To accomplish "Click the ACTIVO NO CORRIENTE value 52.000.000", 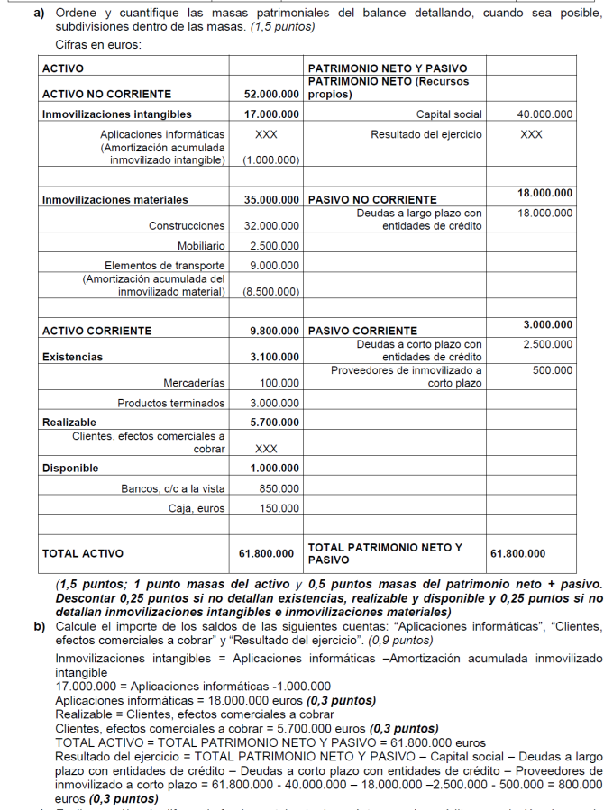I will click(271, 94).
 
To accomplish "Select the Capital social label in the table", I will click(449, 114).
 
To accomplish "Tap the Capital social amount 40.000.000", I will click(544, 114).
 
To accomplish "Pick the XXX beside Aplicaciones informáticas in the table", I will click(265, 134).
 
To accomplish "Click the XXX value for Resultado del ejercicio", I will click(531, 134).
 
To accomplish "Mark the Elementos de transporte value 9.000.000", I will click(274, 266).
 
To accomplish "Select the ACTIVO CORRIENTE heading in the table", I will click(97, 331).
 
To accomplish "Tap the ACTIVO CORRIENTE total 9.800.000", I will click(275, 331).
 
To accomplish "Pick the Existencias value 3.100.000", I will click(275, 357).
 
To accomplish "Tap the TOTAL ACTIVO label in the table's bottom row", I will click(83, 553).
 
